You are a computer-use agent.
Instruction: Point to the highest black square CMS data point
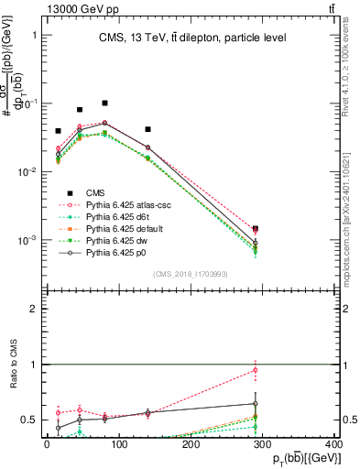coord(105,104)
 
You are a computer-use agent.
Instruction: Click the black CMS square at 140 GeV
coord(147,129)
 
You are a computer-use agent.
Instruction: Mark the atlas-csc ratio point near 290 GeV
coord(256,370)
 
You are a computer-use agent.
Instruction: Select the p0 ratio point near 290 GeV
coord(256,403)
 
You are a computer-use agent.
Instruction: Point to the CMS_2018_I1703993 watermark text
coord(191,273)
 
